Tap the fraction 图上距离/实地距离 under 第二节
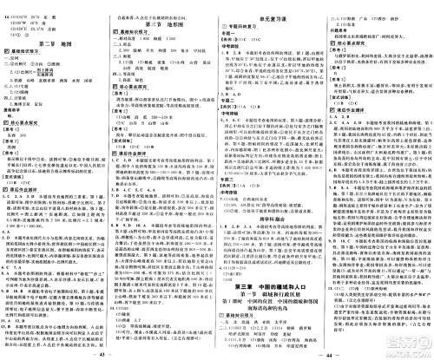click(x=35, y=68)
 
